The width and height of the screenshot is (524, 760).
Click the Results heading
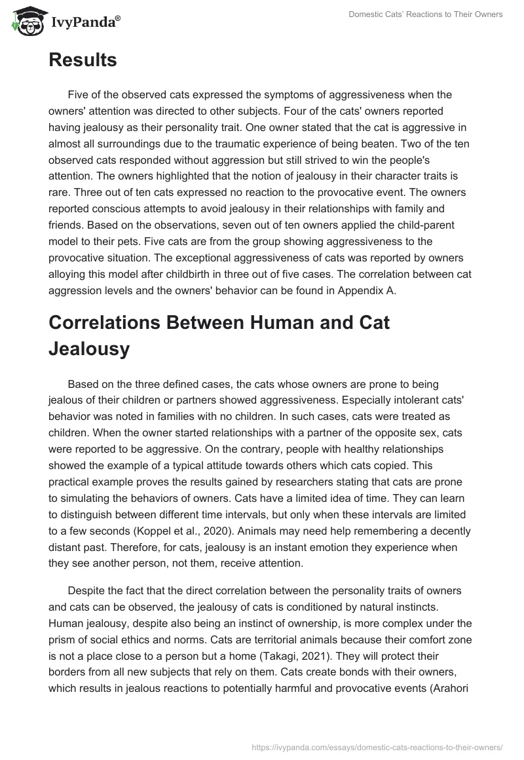(83, 60)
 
